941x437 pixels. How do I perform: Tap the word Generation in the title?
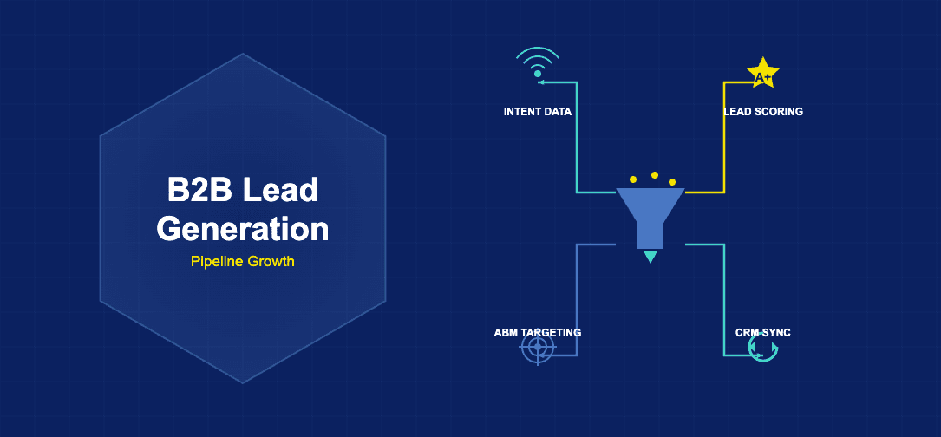[x=243, y=229]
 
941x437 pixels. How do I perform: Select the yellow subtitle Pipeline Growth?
[x=243, y=261]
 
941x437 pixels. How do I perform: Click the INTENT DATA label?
[x=538, y=112]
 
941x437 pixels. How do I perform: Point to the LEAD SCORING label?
[x=763, y=112]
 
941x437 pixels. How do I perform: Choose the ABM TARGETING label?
[x=538, y=333]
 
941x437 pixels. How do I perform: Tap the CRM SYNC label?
[x=763, y=333]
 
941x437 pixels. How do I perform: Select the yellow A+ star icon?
[x=763, y=75]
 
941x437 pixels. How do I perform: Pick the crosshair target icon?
[x=538, y=349]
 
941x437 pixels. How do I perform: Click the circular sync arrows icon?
[x=763, y=349]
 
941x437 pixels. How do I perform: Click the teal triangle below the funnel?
[x=650, y=257]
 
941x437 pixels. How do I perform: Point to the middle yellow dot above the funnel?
[x=655, y=175]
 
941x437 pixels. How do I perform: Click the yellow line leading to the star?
[x=724, y=139]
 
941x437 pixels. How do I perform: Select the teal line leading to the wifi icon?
[x=577, y=139]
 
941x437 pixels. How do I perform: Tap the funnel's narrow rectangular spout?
[x=650, y=237]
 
